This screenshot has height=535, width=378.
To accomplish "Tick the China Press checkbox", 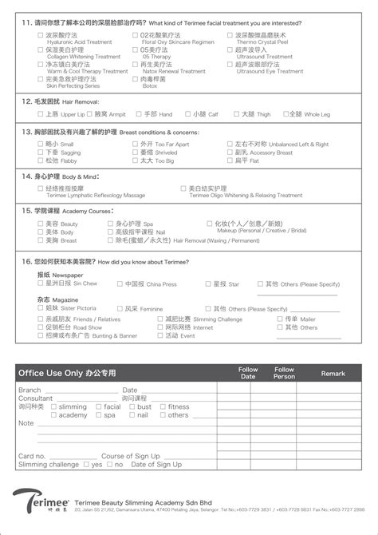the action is [x=120, y=283].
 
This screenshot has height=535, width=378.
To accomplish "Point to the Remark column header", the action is [x=333, y=373].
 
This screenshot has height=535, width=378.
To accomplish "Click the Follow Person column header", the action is [x=285, y=373].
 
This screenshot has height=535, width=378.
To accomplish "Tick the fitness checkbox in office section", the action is [x=163, y=406].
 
